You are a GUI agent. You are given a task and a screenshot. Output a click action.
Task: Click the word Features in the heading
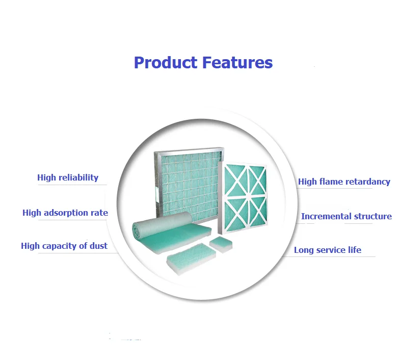[237, 63]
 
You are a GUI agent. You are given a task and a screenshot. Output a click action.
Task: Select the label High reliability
[68, 178]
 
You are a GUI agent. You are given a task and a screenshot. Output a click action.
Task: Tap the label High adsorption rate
[65, 213]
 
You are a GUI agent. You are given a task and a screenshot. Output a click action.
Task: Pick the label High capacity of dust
[64, 246]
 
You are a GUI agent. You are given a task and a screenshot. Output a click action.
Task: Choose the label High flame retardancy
[344, 182]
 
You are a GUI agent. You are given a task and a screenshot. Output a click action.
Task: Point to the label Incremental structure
[346, 216]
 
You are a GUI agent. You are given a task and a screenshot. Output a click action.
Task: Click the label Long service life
[327, 250]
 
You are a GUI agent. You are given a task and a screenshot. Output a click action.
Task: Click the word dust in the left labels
[98, 246]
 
